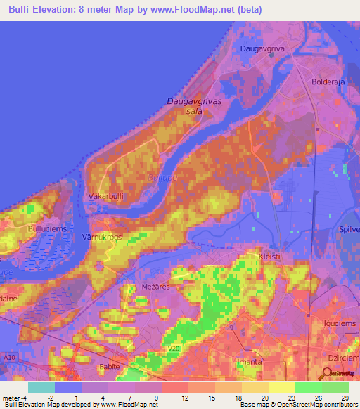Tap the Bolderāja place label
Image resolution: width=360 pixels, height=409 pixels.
pyautogui.click(x=326, y=82)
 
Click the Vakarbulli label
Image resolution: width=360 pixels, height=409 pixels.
pyautogui.click(x=107, y=197)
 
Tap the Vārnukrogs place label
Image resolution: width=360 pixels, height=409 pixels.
pyautogui.click(x=102, y=237)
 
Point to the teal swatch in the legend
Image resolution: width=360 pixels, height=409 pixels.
pyautogui.click(x=41, y=387)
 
